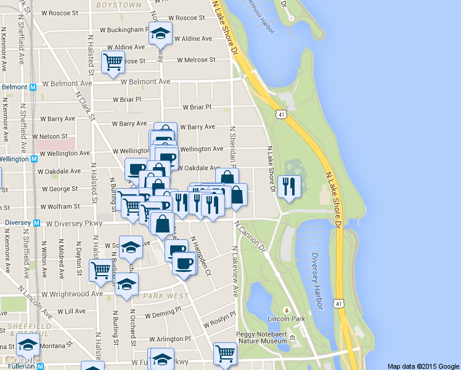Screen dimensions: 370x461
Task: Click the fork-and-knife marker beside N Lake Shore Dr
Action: coord(288,186)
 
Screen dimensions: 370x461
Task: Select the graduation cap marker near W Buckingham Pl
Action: coord(160,33)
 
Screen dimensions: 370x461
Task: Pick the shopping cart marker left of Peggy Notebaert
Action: coord(225,353)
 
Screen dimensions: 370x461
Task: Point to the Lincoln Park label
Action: coord(287,319)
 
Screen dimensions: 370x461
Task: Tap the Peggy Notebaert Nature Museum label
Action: coord(262,337)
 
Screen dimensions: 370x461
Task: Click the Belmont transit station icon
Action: coord(33,87)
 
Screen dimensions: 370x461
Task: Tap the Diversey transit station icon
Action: coord(36,223)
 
